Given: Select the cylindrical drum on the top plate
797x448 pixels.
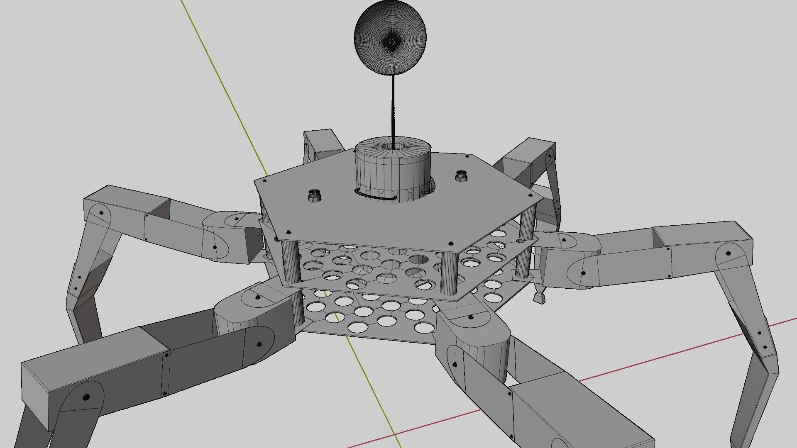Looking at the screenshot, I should click(x=392, y=174).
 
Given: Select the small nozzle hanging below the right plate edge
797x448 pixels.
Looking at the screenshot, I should click(x=539, y=296).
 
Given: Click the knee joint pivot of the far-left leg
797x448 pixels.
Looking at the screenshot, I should click(x=101, y=213).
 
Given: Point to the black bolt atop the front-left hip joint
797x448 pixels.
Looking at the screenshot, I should click(x=258, y=297).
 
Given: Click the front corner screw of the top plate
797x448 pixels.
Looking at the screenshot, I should click(x=450, y=243).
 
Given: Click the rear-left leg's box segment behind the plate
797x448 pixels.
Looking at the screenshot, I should click(x=322, y=143).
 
